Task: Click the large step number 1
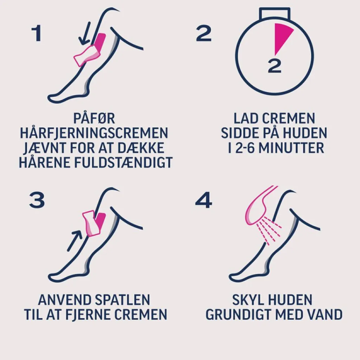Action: [x=37, y=33]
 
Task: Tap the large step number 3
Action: [x=37, y=200]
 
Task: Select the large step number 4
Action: [x=204, y=200]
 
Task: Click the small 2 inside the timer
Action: [x=275, y=66]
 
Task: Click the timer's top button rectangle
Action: [x=275, y=13]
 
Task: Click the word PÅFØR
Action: [x=94, y=118]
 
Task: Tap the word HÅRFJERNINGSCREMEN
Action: [x=94, y=133]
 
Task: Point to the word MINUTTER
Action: [x=291, y=148]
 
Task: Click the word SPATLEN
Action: [x=122, y=300]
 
